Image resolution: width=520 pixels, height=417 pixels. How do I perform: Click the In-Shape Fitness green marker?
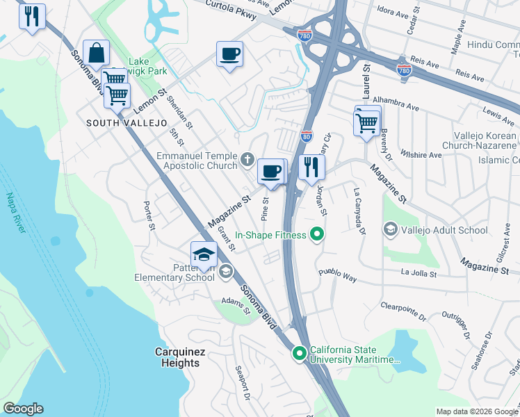[317, 235]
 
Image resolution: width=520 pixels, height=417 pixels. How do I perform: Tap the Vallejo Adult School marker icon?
[391, 229]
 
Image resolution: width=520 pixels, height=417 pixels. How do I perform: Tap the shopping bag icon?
[97, 53]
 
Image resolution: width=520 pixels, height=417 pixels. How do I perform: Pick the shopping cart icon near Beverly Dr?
[366, 124]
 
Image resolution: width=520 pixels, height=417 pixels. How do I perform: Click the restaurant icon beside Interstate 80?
[311, 167]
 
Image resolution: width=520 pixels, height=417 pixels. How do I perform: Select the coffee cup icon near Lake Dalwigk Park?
[229, 54]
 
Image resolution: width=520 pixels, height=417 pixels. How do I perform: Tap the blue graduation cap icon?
[204, 254]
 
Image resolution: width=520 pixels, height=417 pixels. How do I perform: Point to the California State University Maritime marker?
[300, 354]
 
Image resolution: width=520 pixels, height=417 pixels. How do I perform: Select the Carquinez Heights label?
[180, 357]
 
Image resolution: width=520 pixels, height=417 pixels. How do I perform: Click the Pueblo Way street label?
[338, 275]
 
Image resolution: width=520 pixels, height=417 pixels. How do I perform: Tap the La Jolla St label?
[419, 274]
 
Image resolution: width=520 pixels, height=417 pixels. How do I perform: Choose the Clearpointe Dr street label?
[404, 311]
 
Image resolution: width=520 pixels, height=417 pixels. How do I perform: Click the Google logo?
[23, 409]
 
